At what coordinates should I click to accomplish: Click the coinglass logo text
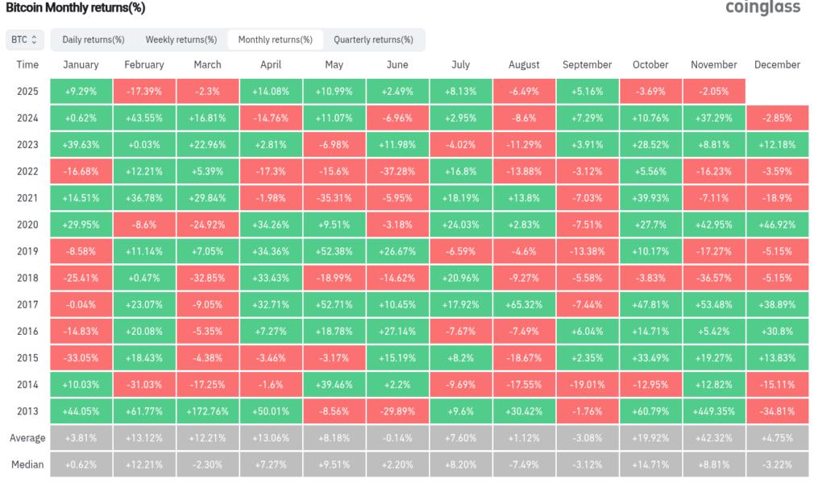click(x=762, y=7)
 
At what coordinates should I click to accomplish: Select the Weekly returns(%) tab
click(x=181, y=39)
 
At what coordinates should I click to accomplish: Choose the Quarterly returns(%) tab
click(x=373, y=39)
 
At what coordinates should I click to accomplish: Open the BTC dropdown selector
click(x=25, y=39)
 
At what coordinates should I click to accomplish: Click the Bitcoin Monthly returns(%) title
click(x=77, y=7)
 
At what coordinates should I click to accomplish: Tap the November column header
click(x=714, y=64)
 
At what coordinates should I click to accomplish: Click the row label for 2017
click(x=27, y=304)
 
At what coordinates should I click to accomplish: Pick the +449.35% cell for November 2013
click(x=714, y=411)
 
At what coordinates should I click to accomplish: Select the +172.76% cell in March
click(x=208, y=411)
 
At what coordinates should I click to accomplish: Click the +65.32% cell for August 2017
click(x=524, y=304)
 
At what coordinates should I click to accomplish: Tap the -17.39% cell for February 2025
click(x=144, y=91)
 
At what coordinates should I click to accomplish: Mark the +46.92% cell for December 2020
click(x=778, y=225)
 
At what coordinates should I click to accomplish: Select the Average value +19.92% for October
click(x=650, y=438)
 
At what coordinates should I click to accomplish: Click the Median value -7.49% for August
click(x=524, y=464)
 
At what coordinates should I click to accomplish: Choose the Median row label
click(x=27, y=464)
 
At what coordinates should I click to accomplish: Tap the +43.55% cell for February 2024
click(x=144, y=118)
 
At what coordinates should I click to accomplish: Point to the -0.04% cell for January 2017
click(x=81, y=304)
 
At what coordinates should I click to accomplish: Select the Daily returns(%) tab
click(x=93, y=39)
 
